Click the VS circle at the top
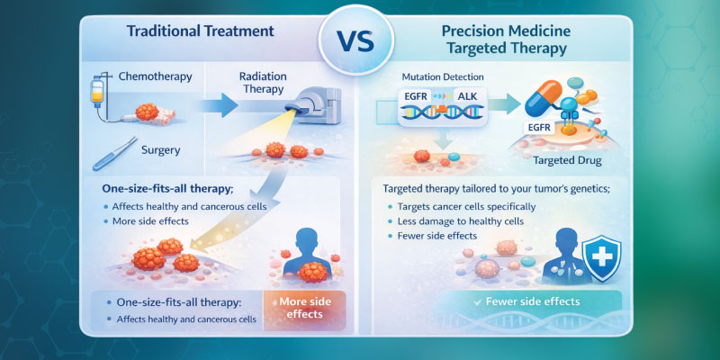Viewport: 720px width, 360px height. click(359, 40)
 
